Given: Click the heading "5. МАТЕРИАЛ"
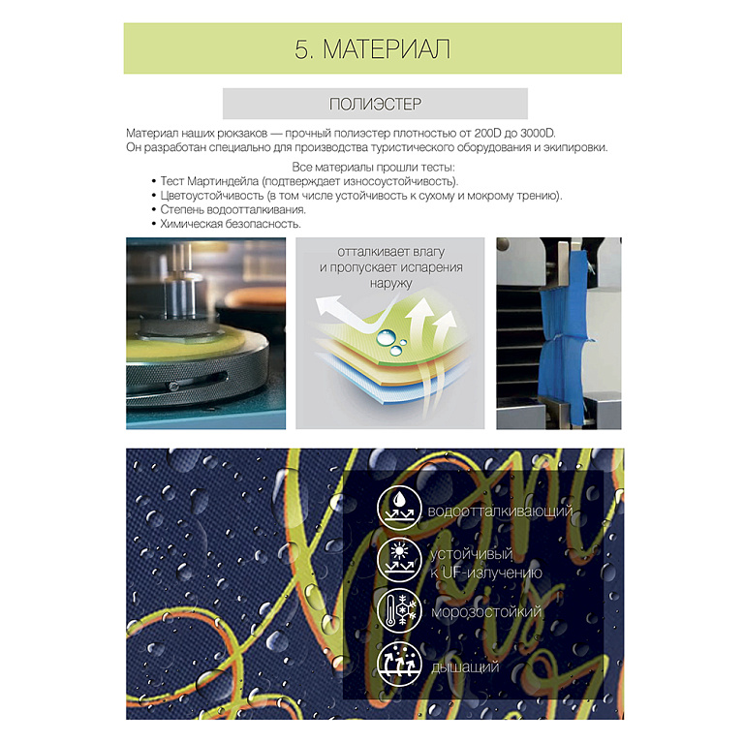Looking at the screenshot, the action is tap(372, 48).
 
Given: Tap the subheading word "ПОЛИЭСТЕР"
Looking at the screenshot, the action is tap(375, 104).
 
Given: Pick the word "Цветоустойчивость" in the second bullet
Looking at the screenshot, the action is tap(211, 196).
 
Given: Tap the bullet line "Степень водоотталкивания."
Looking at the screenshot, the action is tap(232, 209).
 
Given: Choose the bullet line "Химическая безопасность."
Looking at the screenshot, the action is tap(231, 224).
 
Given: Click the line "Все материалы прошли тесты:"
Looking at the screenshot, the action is tap(373, 167).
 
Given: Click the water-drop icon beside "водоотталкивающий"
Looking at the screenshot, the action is tap(399, 509).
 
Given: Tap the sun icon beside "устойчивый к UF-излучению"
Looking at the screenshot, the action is tap(399, 559).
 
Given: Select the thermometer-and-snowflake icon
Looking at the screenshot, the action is tap(399, 609).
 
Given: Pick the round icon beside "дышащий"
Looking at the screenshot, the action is tap(399, 664).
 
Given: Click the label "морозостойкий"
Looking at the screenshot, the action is tap(486, 611).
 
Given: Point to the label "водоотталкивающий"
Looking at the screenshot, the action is tap(500, 511).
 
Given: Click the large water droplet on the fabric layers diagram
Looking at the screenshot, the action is tap(386, 338).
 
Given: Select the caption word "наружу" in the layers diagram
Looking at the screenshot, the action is tap(391, 283).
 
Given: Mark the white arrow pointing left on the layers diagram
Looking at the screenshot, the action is tap(347, 313).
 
